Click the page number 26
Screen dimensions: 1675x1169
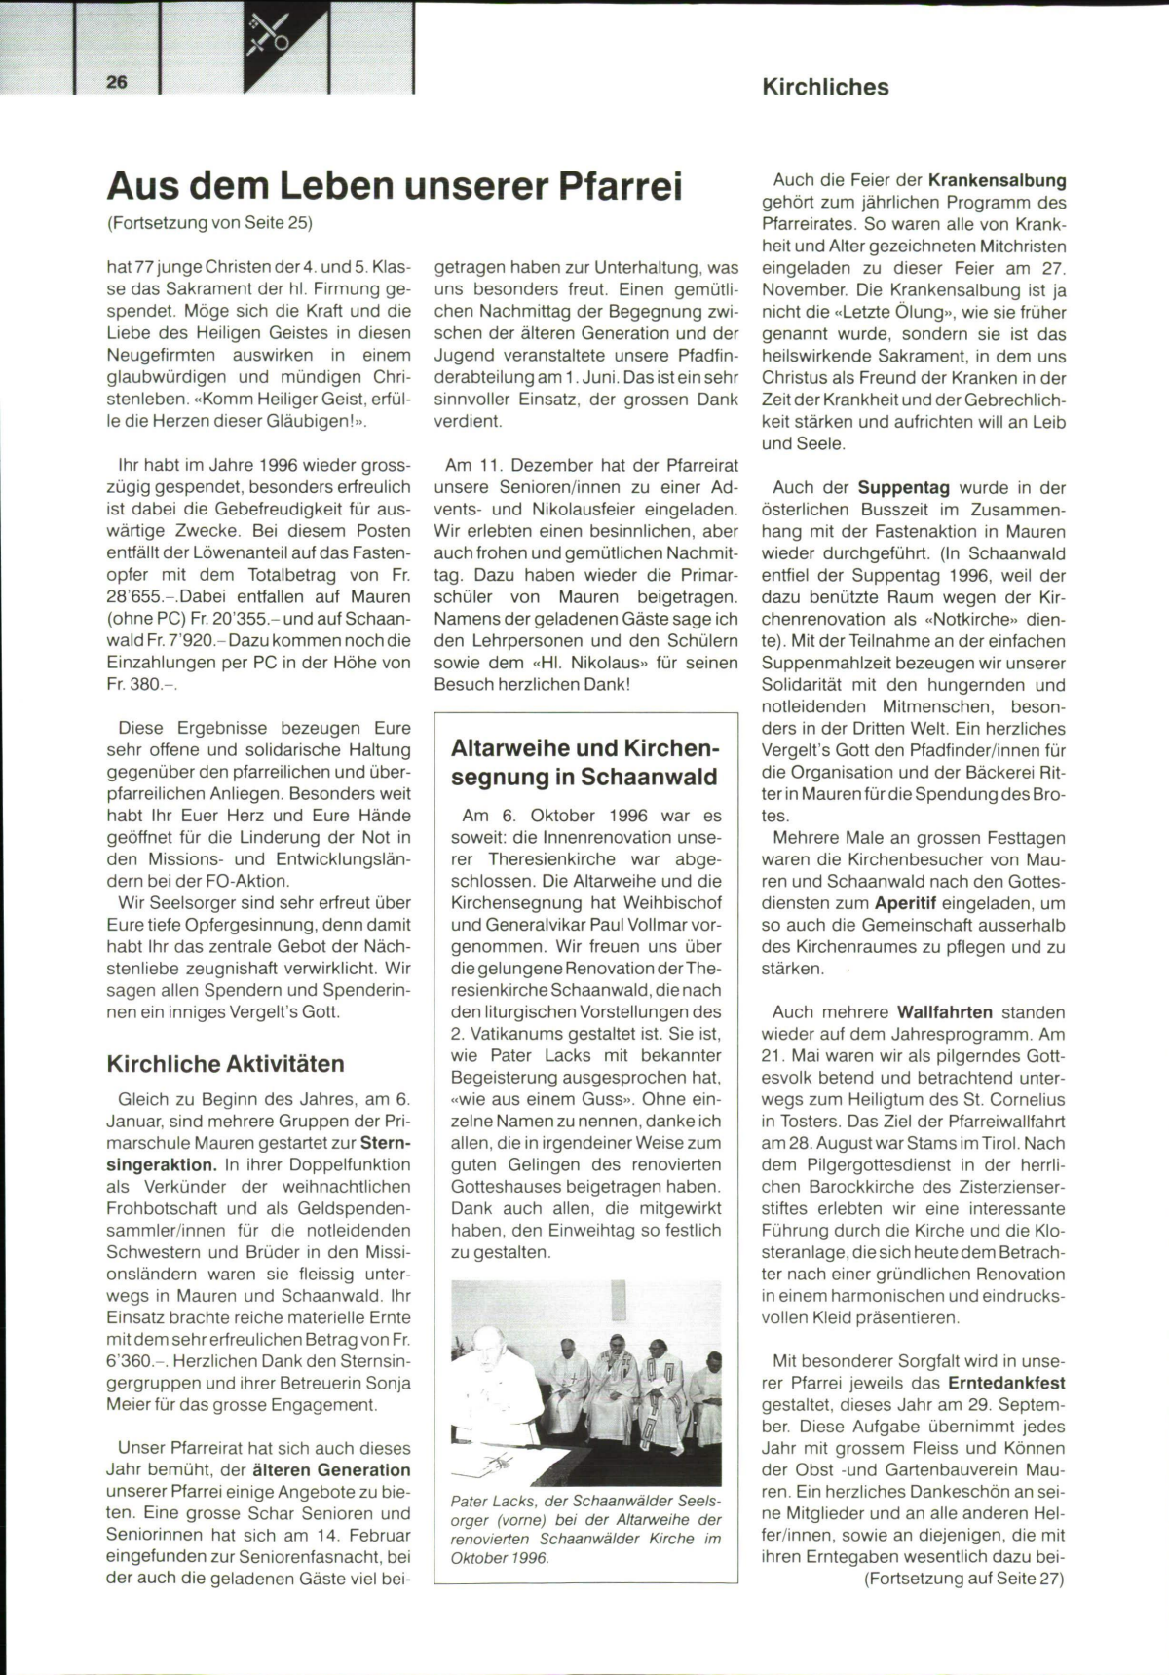point(117,83)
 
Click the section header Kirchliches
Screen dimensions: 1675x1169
point(825,87)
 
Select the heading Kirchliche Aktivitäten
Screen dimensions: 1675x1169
point(225,1064)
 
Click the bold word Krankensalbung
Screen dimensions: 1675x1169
point(997,180)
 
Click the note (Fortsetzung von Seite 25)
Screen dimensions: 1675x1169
point(209,223)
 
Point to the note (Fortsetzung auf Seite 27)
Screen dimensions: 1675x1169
point(963,1580)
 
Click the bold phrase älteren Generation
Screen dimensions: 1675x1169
point(331,1470)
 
